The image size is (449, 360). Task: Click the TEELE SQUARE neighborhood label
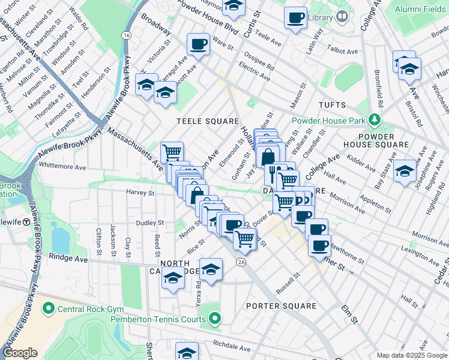tap(208, 121)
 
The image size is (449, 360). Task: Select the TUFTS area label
tap(332, 104)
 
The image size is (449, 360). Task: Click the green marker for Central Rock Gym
tap(48, 309)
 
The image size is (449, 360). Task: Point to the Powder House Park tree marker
tap(375, 119)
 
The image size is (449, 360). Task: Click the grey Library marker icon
tap(342, 16)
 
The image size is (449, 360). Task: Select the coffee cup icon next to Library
tap(295, 17)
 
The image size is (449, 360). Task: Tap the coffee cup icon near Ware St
tap(198, 44)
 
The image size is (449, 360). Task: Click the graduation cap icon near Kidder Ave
tap(405, 171)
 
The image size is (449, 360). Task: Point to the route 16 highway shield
tap(125, 36)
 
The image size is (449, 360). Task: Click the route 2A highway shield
tap(241, 262)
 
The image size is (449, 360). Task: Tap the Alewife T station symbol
tap(26, 222)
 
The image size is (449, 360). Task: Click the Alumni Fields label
tap(418, 8)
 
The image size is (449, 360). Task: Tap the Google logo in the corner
tap(20, 353)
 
